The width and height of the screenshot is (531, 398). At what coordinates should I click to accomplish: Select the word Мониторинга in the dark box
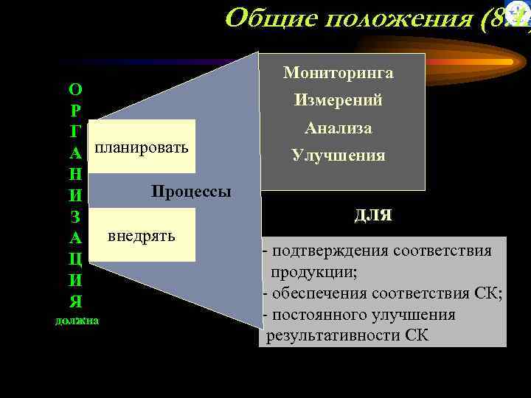point(339,73)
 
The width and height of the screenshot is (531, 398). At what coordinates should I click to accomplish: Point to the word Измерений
point(339,100)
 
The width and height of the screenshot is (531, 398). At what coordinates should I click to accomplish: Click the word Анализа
point(339,128)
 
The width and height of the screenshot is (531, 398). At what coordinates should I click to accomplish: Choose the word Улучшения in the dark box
point(339,156)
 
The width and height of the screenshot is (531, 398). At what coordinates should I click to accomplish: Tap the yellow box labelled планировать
point(142,147)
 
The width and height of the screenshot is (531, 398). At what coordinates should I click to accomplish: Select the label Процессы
point(191,192)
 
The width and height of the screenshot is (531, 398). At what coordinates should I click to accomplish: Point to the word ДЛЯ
point(373,216)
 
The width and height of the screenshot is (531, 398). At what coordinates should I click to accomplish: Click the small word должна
point(77,321)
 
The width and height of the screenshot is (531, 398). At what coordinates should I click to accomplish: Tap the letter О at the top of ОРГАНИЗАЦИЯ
point(75,90)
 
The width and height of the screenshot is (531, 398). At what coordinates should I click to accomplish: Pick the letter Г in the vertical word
point(75,133)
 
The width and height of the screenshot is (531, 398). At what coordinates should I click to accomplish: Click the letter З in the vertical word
point(75,217)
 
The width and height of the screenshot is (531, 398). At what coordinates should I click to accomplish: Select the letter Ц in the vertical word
point(75,259)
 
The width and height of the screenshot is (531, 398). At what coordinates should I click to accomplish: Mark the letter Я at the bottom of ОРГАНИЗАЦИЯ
point(75,301)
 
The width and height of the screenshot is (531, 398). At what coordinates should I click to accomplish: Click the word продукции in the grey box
point(313,272)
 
